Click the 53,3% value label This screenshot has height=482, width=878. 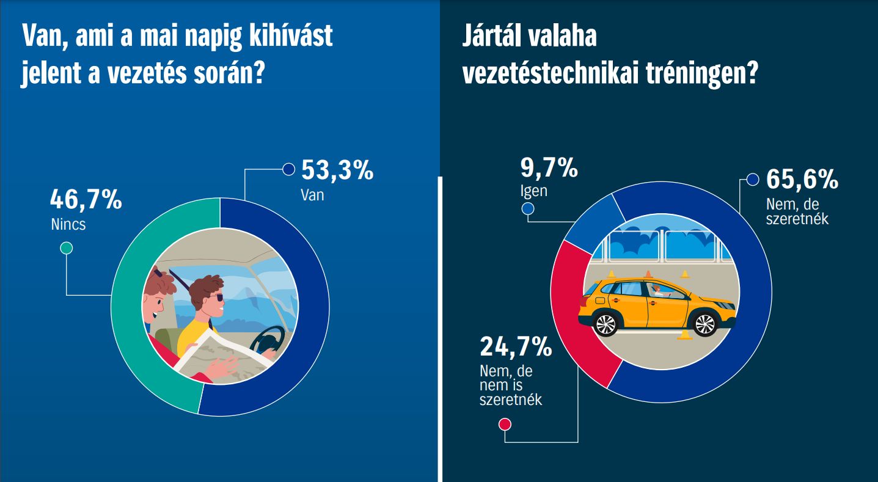point(337,171)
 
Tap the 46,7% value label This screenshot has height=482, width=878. point(86,200)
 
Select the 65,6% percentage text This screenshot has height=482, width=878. point(802,180)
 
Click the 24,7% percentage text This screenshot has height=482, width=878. point(516,348)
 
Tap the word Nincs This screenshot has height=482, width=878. point(68,224)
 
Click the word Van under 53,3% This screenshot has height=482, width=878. point(312,195)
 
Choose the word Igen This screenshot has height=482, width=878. point(533,191)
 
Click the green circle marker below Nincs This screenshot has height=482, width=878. point(66,248)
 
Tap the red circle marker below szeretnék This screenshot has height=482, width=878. point(505,425)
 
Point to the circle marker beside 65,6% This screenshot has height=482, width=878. point(752,180)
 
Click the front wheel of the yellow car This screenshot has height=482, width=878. point(704,323)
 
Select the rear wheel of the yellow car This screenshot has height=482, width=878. point(606,323)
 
